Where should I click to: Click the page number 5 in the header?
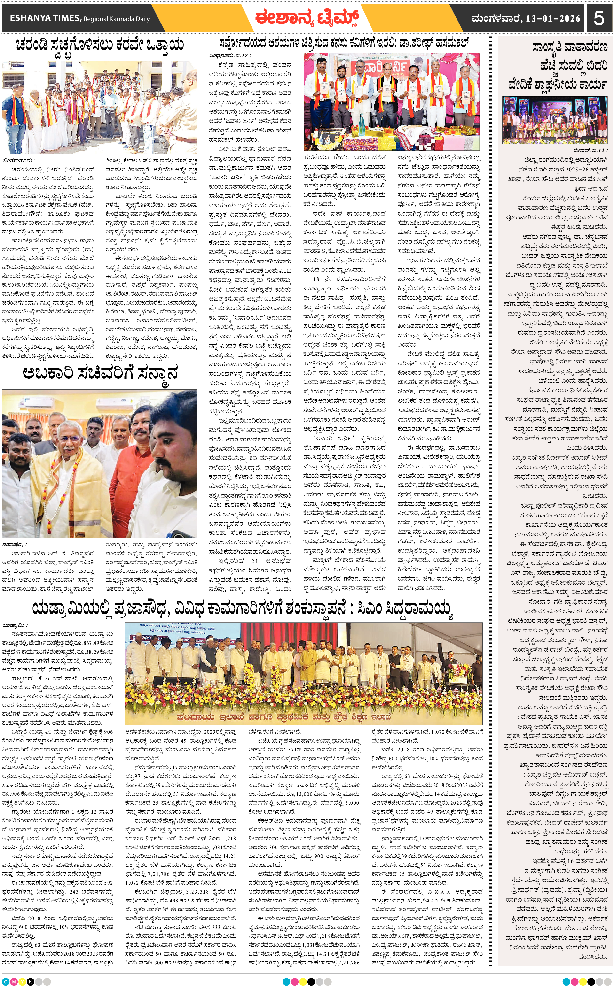click(599, 18)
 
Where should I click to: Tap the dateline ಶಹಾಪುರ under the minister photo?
click(15, 544)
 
